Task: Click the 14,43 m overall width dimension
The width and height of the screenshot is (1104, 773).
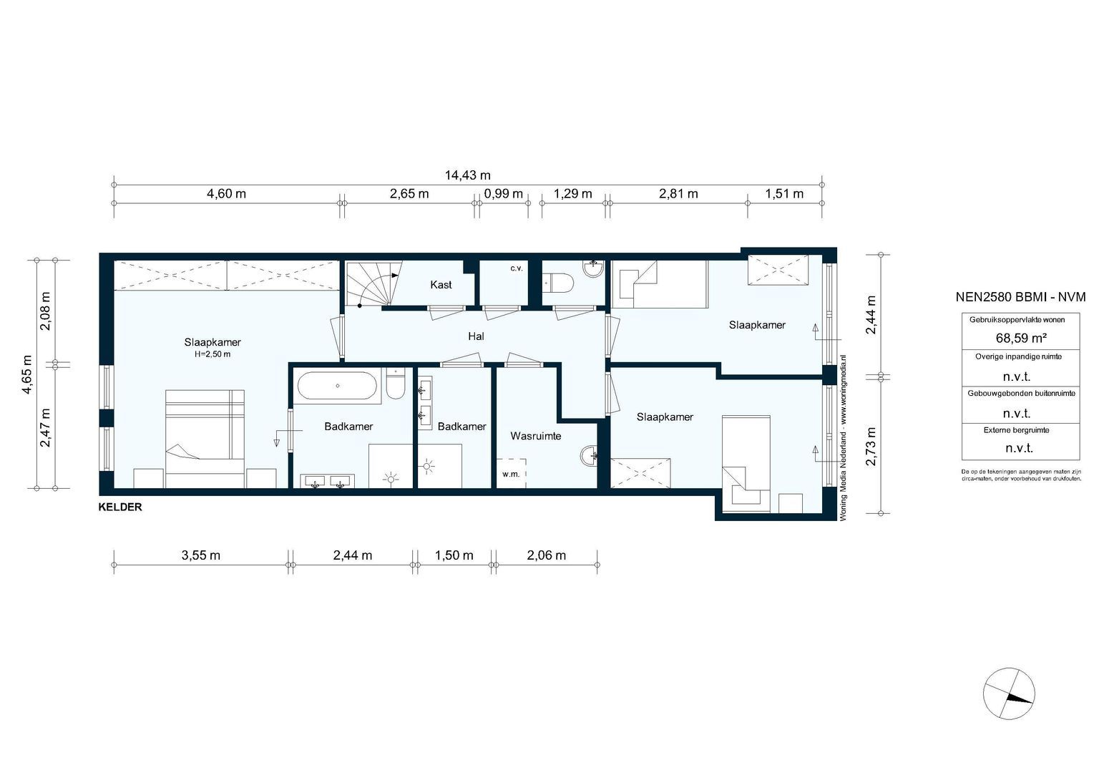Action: pos(468,175)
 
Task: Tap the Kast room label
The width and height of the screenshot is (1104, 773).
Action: pos(441,284)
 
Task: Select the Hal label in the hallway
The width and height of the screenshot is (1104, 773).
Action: pos(476,336)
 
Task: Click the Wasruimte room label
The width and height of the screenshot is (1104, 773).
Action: pos(536,436)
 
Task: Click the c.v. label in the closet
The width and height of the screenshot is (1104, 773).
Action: pos(516,268)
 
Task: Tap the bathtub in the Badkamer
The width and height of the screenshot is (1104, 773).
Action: pos(337,386)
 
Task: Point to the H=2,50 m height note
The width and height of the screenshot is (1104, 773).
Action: pos(213,354)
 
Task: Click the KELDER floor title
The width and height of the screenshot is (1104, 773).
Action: pos(120,507)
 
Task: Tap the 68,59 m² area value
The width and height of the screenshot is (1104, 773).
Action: pos(1021,338)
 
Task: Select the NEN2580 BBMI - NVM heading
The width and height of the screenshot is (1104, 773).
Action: pos(1021,297)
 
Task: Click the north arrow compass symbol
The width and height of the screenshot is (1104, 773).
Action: pos(1009,694)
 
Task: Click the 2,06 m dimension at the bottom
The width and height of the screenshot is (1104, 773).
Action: pos(546,555)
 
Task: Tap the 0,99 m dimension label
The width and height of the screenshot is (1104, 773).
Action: pos(503,194)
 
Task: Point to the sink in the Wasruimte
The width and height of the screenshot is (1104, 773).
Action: pos(590,455)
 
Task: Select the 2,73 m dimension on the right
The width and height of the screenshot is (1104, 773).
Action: pos(871,446)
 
